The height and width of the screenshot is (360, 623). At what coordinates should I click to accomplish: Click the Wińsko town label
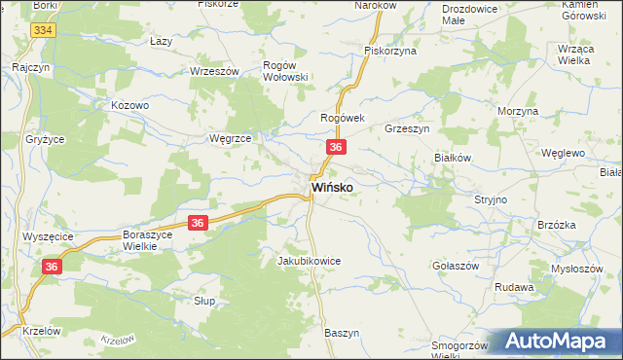331,186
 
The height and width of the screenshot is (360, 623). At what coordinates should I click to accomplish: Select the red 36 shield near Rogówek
335,147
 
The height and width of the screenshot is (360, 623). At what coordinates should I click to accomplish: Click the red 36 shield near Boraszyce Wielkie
198,223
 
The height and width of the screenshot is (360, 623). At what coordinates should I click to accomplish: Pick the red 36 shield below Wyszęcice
53,266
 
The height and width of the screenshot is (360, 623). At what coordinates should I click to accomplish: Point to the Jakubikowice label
309,261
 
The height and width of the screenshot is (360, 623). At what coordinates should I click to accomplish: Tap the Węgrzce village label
231,138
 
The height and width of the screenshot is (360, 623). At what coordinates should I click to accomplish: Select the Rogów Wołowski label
286,70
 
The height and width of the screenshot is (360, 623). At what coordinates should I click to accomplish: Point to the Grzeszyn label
407,127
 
